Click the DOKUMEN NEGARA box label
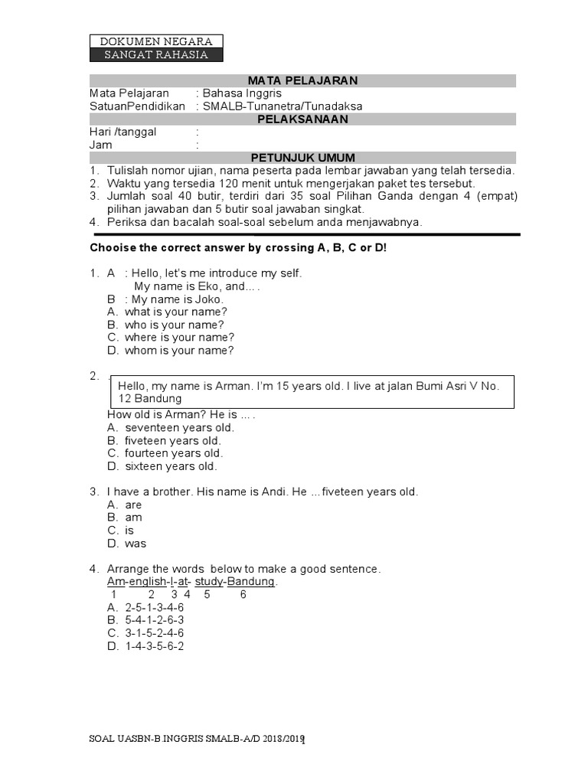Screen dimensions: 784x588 pos(156,41)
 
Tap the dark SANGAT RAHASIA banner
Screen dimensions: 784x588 pos(156,54)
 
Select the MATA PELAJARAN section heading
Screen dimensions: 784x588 pos(302,80)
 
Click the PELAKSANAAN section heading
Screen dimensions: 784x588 pos(302,119)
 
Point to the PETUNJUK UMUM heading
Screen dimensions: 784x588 pos(302,158)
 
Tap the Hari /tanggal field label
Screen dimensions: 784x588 pos(122,132)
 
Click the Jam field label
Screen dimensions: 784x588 pos(100,145)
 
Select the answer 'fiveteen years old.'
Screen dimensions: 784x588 pos(173,440)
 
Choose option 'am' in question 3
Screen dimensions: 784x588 pos(133,518)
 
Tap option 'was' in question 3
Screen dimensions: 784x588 pos(136,544)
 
